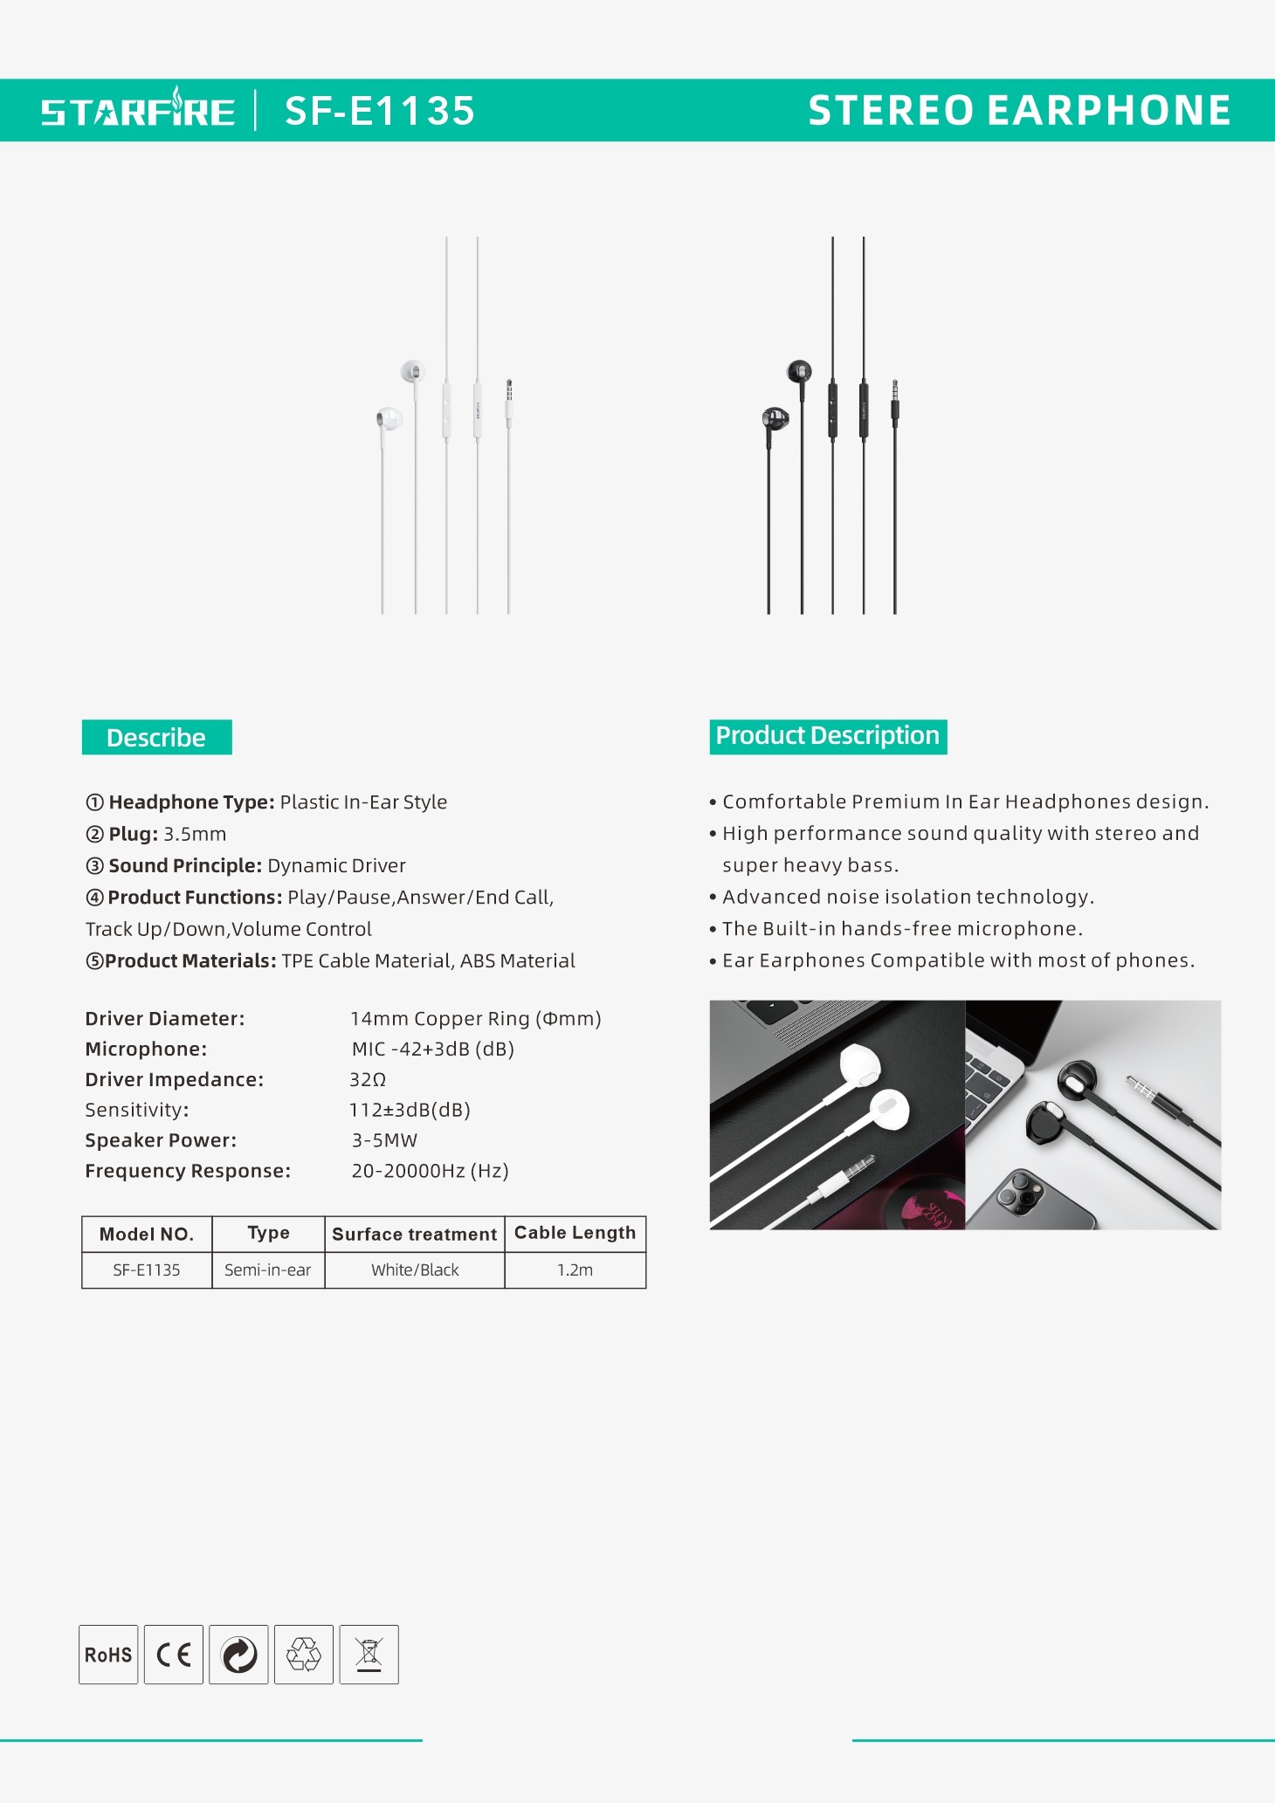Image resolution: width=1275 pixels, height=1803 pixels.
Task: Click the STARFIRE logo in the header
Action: point(138,110)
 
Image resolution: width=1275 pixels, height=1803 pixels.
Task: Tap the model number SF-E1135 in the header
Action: point(380,111)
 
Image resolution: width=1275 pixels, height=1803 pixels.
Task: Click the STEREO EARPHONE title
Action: point(1019,111)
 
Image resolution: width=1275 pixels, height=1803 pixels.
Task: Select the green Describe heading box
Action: point(156,738)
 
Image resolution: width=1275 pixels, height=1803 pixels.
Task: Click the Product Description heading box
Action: point(828,736)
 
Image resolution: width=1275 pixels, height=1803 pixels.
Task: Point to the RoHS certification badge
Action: point(108,1655)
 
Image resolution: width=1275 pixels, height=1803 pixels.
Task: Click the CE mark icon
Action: point(174,1655)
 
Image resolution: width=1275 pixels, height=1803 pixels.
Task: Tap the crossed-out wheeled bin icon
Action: point(369,1655)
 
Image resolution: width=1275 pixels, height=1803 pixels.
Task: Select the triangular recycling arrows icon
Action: point(304,1655)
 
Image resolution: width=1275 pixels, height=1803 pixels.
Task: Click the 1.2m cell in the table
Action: point(575,1270)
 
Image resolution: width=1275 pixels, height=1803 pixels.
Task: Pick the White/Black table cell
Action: point(415,1270)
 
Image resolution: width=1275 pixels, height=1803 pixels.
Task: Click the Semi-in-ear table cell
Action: point(267,1270)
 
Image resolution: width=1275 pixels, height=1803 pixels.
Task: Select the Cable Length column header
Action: point(575,1233)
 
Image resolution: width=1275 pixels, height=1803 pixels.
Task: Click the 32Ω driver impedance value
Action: point(368,1080)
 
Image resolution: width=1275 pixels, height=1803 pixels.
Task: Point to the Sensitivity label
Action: point(137,1111)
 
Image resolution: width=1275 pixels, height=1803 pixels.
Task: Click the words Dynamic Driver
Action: point(336,866)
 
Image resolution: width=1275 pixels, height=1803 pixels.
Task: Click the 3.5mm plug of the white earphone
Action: point(509,400)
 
